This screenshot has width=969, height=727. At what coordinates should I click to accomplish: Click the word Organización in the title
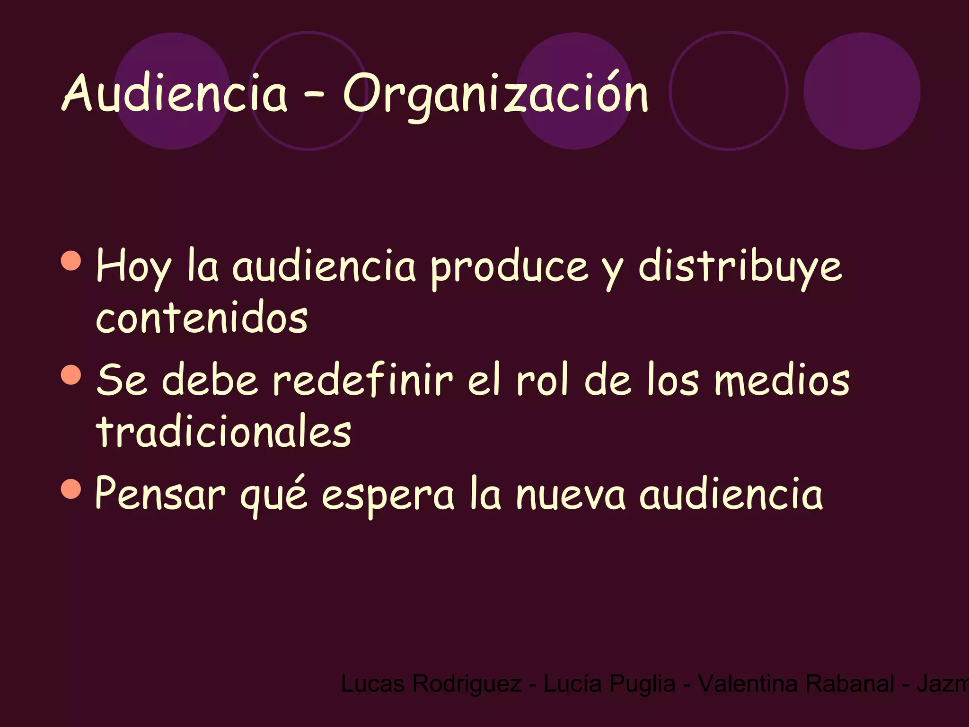click(x=495, y=95)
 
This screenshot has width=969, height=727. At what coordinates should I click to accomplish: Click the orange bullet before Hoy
click(x=71, y=260)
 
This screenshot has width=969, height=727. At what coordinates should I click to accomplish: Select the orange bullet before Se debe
click(x=71, y=374)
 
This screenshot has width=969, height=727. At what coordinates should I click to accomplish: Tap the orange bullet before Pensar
click(x=71, y=488)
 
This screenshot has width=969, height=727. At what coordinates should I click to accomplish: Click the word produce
click(x=509, y=268)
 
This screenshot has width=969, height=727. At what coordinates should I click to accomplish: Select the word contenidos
click(x=202, y=318)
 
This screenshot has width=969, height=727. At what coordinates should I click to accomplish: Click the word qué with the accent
click(x=274, y=495)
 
